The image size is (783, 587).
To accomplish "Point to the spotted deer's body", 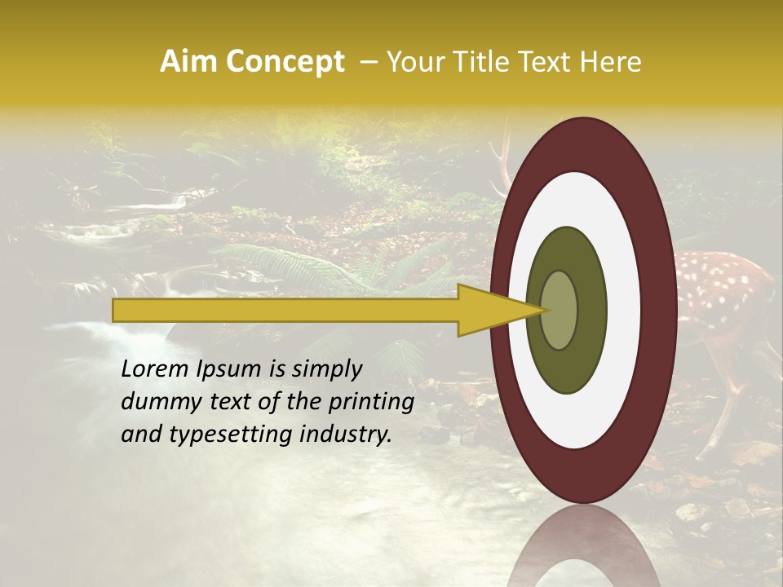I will tap(722, 293).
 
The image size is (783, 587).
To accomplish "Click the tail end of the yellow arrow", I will tap(116, 310).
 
